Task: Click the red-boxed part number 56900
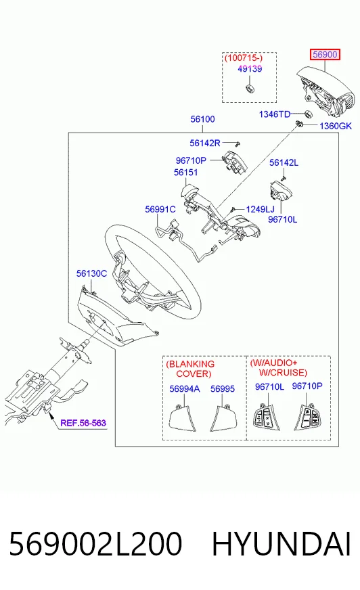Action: [325, 55]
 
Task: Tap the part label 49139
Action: [250, 69]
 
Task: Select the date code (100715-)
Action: [244, 58]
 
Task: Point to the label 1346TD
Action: [275, 114]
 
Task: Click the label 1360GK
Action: [336, 126]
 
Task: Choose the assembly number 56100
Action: [202, 119]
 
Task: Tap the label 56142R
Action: [204, 143]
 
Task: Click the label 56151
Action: [186, 173]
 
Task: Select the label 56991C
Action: [160, 209]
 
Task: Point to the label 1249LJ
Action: [261, 209]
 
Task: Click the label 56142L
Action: [284, 162]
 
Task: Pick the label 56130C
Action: [91, 273]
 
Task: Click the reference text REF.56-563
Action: [83, 423]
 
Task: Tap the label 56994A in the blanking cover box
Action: [184, 389]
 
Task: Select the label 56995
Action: [223, 389]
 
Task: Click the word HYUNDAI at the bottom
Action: [282, 544]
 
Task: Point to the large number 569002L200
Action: [95, 544]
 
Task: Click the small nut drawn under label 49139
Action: [250, 89]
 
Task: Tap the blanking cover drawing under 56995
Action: [224, 419]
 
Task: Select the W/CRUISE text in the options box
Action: [283, 373]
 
